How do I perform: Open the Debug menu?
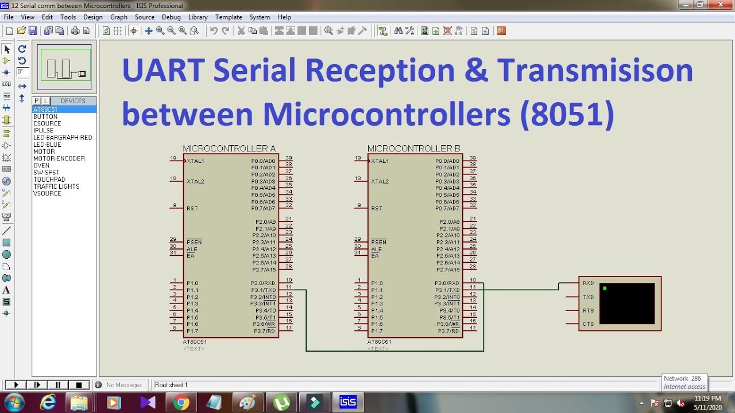click(x=171, y=17)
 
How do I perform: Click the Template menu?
click(x=229, y=17)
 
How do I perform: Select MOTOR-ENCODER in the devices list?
click(x=59, y=158)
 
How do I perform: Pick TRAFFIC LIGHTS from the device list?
click(x=56, y=186)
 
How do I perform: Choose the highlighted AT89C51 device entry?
click(x=45, y=110)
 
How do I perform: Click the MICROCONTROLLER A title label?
click(x=229, y=149)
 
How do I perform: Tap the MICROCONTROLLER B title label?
click(x=413, y=149)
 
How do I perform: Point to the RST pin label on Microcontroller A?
click(x=192, y=208)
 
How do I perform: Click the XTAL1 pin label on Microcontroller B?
click(x=380, y=161)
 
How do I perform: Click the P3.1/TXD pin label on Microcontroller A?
click(x=263, y=290)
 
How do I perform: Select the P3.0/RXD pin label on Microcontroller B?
click(x=447, y=283)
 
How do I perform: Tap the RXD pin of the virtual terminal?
click(x=588, y=283)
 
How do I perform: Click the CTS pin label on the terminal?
click(x=588, y=324)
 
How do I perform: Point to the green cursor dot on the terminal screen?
click(x=605, y=288)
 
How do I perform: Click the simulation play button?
click(x=16, y=385)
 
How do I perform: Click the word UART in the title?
click(x=163, y=70)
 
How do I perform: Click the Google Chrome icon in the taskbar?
click(x=181, y=403)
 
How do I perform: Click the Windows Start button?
click(x=14, y=402)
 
